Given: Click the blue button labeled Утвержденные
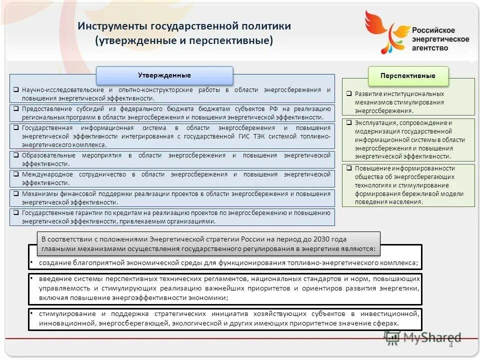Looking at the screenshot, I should point(164,75).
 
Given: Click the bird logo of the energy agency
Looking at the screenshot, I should point(385,31).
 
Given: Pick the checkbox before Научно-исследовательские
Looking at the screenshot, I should point(16,89).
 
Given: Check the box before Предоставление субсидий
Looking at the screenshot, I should point(16,108).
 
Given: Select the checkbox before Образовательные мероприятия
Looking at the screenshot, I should point(16,155).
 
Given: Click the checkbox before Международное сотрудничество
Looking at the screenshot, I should point(16,174).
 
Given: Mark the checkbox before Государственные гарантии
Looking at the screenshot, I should point(16,212).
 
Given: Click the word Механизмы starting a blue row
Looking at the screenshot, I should point(38,193).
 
